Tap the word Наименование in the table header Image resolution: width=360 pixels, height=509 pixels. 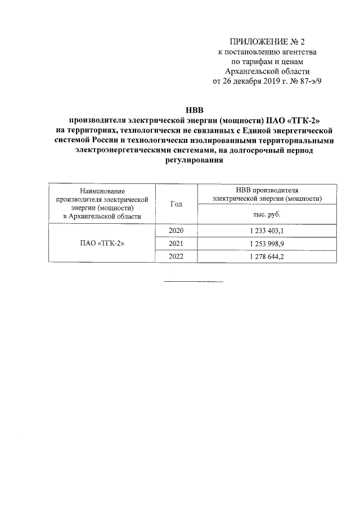click(102, 192)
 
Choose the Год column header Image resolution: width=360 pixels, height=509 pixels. click(176, 204)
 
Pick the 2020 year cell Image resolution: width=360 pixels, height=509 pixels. click(176, 231)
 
